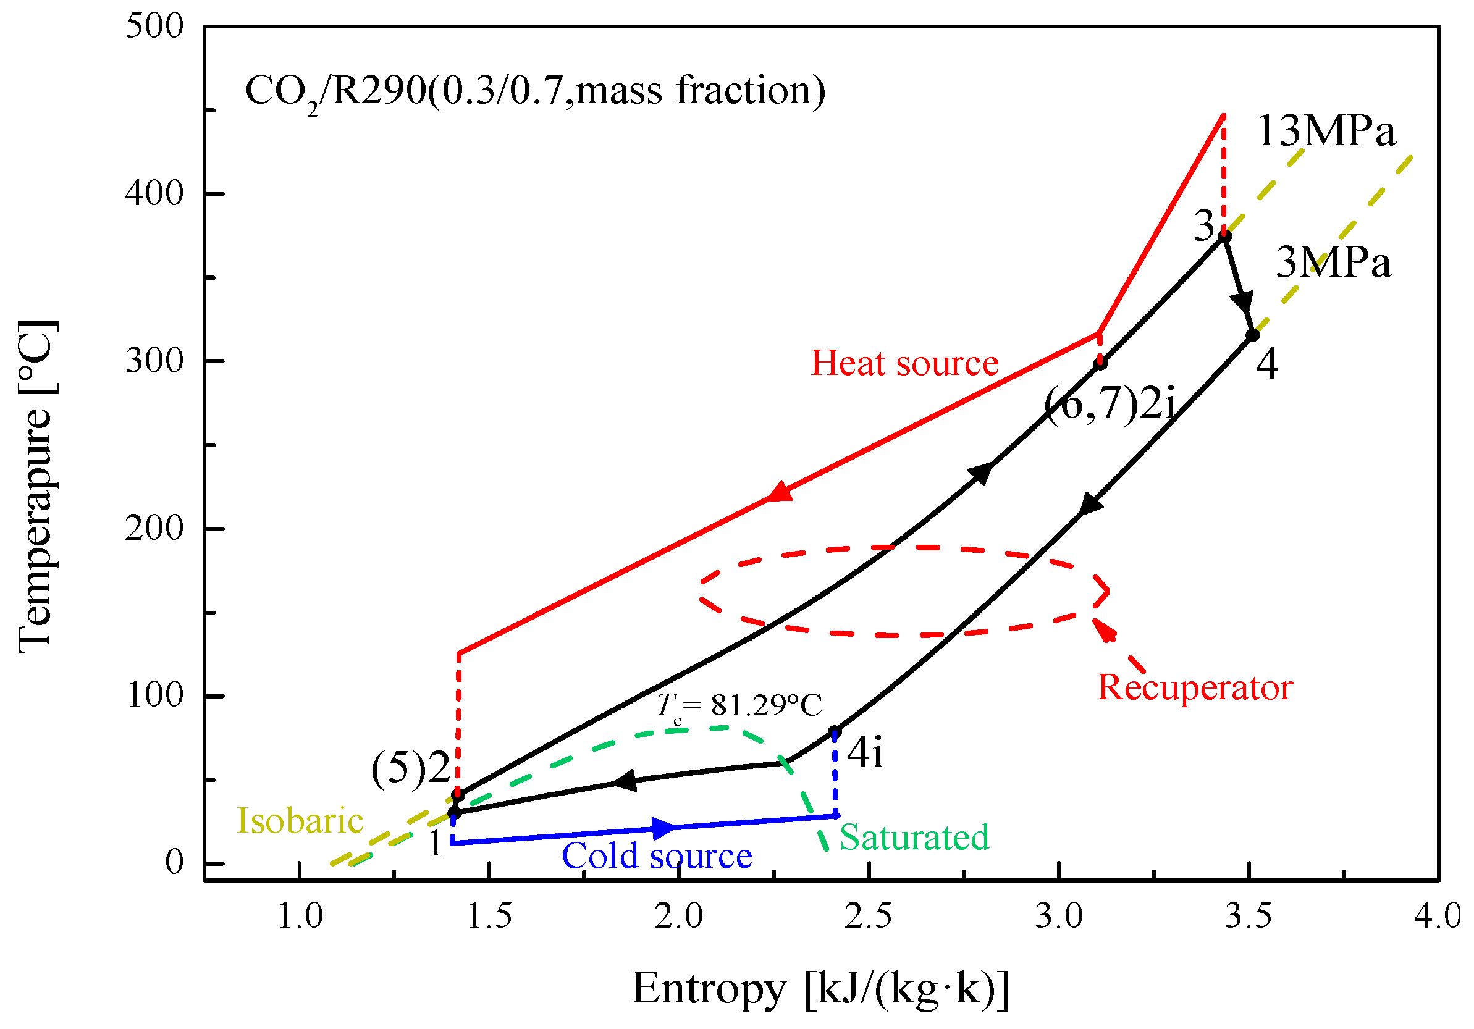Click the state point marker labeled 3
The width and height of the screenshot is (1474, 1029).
pyautogui.click(x=1224, y=236)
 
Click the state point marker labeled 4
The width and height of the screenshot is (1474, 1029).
pyautogui.click(x=1252, y=335)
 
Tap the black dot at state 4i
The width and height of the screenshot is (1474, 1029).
pyautogui.click(x=835, y=733)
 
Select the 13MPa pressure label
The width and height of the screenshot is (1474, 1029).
pyautogui.click(x=1326, y=132)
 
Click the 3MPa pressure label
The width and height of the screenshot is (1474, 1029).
pyautogui.click(x=1333, y=263)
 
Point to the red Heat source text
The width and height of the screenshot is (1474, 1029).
pyautogui.click(x=904, y=363)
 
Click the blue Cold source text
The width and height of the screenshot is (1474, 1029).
pyautogui.click(x=656, y=856)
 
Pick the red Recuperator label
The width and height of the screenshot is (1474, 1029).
pyautogui.click(x=1195, y=687)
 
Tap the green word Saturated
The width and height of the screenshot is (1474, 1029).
pyautogui.click(x=914, y=837)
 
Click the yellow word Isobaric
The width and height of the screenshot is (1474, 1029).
pyautogui.click(x=300, y=821)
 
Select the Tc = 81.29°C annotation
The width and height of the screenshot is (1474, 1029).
pyautogui.click(x=738, y=705)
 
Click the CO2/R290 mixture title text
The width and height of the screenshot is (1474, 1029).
pyautogui.click(x=535, y=91)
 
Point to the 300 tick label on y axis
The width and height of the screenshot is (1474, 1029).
pyautogui.click(x=154, y=361)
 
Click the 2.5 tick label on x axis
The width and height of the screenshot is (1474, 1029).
pyautogui.click(x=868, y=916)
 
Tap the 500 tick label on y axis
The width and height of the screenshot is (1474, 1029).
pyautogui.click(x=154, y=27)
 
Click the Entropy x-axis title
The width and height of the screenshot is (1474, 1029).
pyautogui.click(x=820, y=989)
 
